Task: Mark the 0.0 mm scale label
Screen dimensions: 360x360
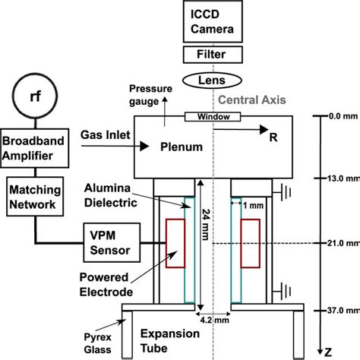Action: pos(339,117)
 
